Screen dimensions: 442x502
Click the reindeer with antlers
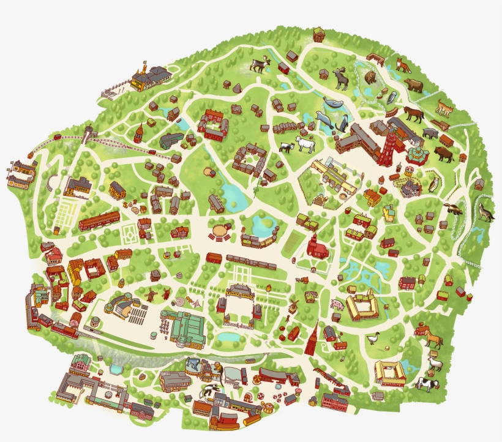[x=260, y=64]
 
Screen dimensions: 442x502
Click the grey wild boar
[x=430, y=133]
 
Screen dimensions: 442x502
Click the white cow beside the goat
[x=305, y=144]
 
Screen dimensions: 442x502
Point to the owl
[x=434, y=183]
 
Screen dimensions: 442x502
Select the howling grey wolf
[x=485, y=211]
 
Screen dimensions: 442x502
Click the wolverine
[x=454, y=209]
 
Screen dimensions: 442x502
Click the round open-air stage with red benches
[x=220, y=231]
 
